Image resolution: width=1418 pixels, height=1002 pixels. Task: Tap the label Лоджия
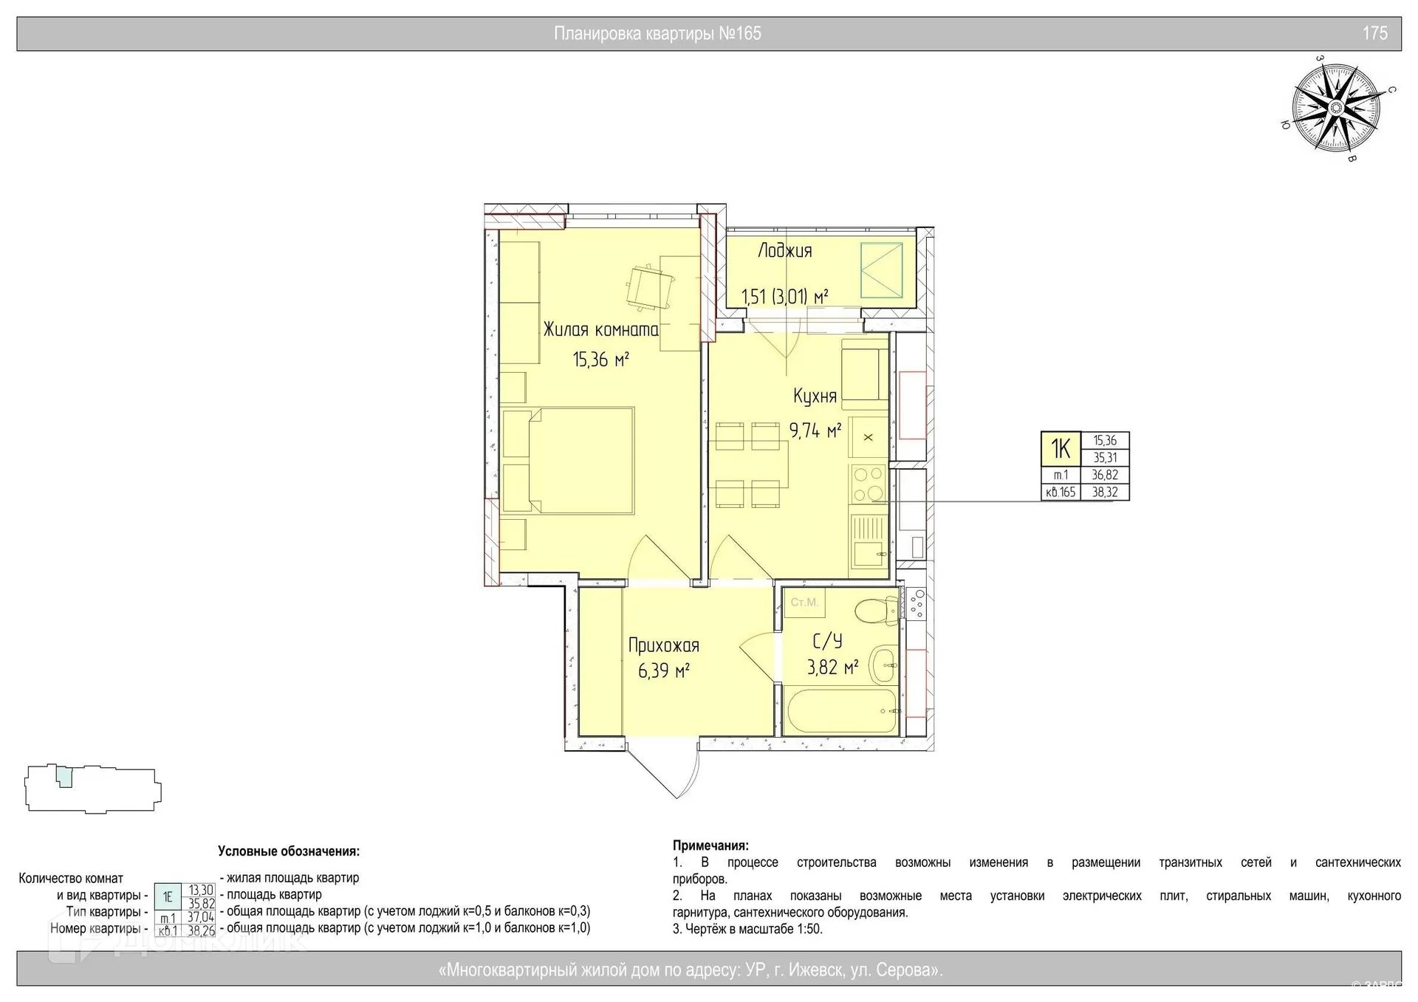pos(785,251)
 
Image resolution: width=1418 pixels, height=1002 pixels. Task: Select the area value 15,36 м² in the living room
pos(600,360)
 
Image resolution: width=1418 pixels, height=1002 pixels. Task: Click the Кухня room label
pos(815,397)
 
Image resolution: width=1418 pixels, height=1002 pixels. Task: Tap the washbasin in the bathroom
pos(883,664)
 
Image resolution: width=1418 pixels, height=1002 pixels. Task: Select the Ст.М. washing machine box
pos(804,603)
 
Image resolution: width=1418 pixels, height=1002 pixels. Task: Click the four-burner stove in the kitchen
pos(869,484)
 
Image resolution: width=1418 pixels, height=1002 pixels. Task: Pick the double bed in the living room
pos(569,460)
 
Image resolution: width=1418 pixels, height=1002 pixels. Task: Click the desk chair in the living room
pos(649,288)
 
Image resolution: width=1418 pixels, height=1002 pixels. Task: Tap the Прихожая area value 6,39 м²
pos(663,671)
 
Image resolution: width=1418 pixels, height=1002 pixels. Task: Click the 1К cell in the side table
pos(1061,449)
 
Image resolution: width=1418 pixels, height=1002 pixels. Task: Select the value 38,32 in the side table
pos(1104,493)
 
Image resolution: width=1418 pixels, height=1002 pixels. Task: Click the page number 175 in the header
pos(1374,33)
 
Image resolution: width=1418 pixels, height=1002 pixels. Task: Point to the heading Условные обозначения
pos(289,851)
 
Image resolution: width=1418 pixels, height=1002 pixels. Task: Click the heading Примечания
pos(710,845)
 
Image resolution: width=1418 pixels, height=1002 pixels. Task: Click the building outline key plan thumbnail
pos(93,789)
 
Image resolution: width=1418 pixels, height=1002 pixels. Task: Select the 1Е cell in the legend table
pos(168,897)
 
